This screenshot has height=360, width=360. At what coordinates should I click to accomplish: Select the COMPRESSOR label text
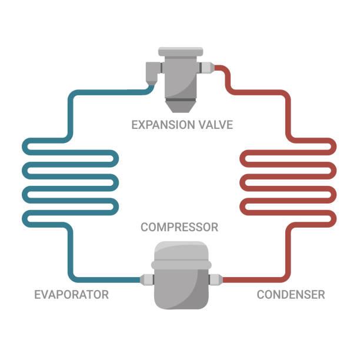tap(179, 227)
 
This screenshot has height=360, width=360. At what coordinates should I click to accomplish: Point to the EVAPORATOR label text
tap(71, 294)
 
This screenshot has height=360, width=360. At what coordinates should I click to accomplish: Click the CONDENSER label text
tap(291, 294)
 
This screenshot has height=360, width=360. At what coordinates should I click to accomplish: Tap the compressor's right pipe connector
tap(215, 279)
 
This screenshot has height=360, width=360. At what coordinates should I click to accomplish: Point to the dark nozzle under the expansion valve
tap(180, 106)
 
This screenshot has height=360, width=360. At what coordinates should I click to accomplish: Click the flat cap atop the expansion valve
tap(181, 52)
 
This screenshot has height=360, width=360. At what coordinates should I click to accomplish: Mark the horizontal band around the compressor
tap(181, 265)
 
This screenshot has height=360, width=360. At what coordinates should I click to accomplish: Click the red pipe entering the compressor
tap(247, 279)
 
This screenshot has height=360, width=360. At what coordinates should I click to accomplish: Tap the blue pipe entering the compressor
tap(112, 279)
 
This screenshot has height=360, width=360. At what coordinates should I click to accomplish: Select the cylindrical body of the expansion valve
tap(181, 76)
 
